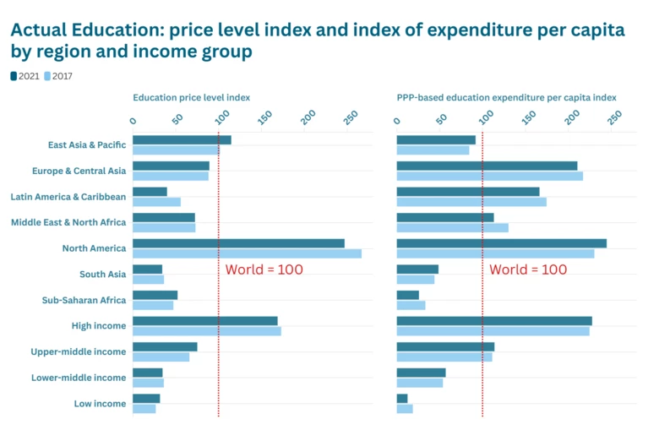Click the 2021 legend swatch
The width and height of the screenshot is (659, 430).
click(14, 76)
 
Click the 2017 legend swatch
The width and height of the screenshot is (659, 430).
click(48, 76)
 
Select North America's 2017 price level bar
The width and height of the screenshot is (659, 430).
click(247, 253)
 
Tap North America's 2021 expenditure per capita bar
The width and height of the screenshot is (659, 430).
click(501, 243)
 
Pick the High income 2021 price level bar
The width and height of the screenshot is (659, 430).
click(205, 321)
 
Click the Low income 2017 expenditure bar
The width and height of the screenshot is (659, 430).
click(405, 409)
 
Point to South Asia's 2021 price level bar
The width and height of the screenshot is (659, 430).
click(147, 269)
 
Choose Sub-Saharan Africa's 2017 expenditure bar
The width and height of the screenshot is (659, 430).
click(411, 305)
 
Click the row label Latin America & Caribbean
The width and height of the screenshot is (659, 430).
click(68, 197)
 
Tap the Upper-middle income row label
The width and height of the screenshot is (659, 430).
click(79, 351)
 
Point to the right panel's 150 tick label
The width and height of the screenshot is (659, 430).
click(529, 116)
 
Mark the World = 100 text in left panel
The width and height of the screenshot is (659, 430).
click(264, 269)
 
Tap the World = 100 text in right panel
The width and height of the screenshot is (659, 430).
click(528, 269)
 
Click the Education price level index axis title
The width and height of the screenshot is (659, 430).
click(191, 97)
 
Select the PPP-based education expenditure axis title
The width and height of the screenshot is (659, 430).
click(506, 97)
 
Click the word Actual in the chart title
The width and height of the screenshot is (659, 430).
click(41, 30)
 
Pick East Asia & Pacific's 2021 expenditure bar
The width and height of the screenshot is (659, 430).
click(436, 140)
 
